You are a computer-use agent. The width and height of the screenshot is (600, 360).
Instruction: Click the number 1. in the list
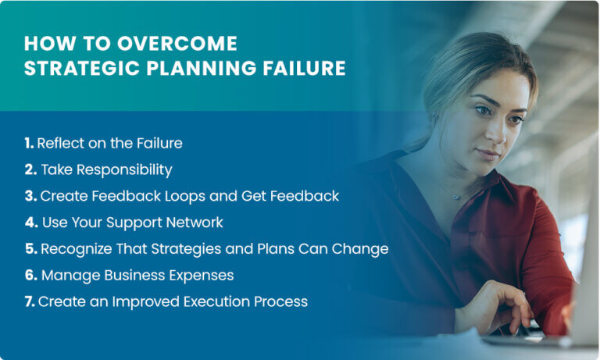29,143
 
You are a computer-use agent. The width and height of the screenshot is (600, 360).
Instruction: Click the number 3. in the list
30,196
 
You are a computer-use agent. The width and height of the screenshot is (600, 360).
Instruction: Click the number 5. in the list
30,249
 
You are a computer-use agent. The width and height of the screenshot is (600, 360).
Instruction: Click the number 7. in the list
29,301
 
